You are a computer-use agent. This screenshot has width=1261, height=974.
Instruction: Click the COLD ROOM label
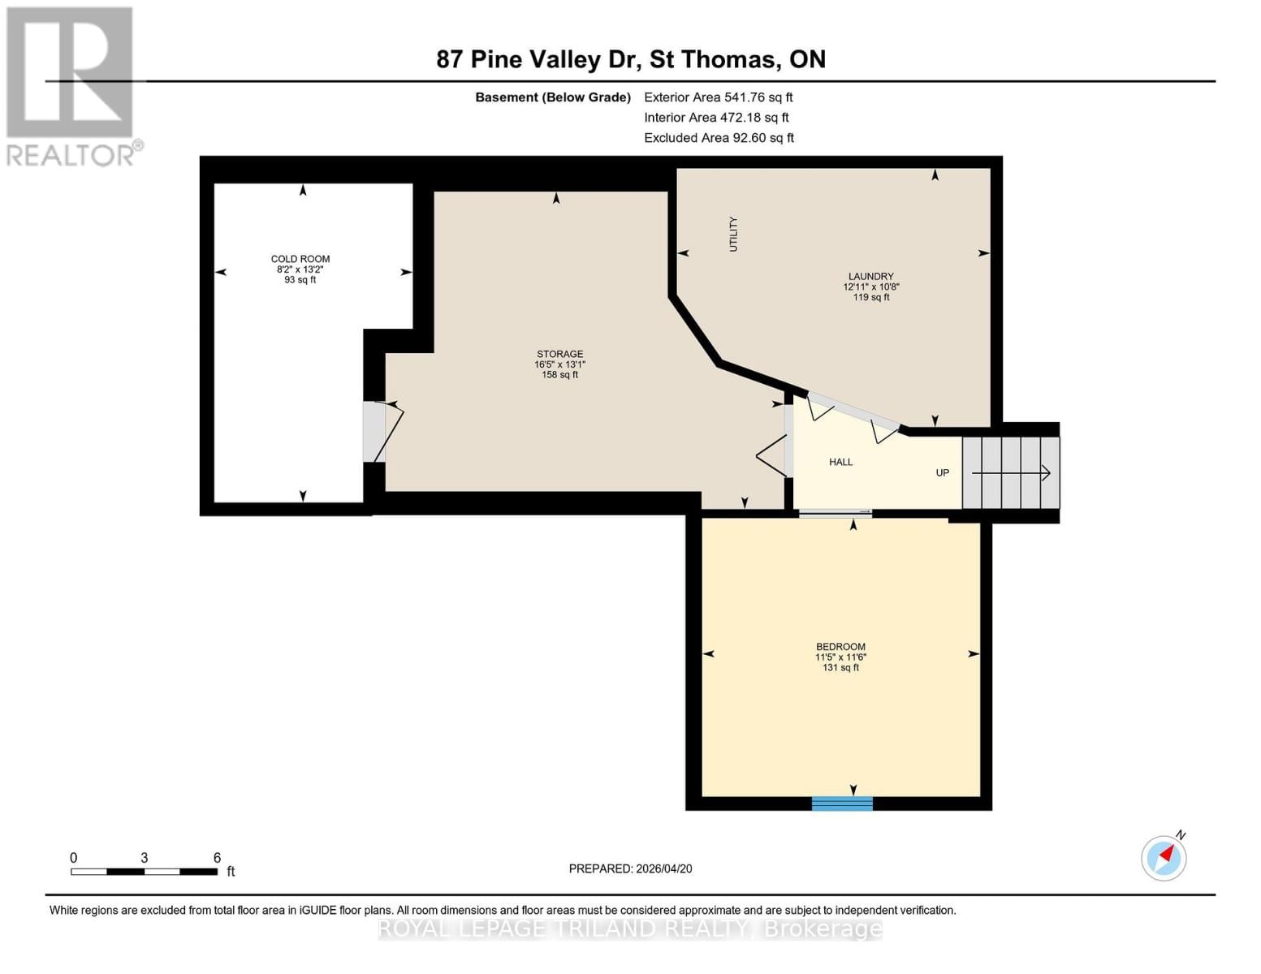click(300, 259)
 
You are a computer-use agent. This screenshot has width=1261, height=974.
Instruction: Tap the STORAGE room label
click(559, 354)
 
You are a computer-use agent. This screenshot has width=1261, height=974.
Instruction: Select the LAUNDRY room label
click(870, 276)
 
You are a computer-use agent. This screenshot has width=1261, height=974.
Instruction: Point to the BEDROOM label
click(840, 647)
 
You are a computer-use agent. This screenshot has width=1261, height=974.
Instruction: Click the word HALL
click(840, 462)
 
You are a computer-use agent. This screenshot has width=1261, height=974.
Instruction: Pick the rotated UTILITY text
click(733, 234)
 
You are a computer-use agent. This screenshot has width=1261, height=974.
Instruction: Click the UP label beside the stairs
click(942, 472)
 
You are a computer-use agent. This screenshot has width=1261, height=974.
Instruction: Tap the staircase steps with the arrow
click(1011, 472)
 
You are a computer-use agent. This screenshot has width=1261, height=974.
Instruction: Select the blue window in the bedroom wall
click(842, 804)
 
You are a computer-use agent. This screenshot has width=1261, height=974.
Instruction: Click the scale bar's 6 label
click(217, 858)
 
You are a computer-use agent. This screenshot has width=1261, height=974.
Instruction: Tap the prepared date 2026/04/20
click(630, 868)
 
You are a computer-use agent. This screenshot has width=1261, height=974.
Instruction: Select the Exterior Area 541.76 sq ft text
click(718, 97)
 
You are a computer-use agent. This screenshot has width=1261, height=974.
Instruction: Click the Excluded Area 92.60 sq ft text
click(719, 138)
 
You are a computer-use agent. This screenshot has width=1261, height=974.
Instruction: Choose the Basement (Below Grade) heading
click(552, 97)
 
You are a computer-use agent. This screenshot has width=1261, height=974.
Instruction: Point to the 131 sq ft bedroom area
click(840, 668)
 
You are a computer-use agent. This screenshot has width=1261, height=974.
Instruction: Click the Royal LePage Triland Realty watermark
click(630, 929)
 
